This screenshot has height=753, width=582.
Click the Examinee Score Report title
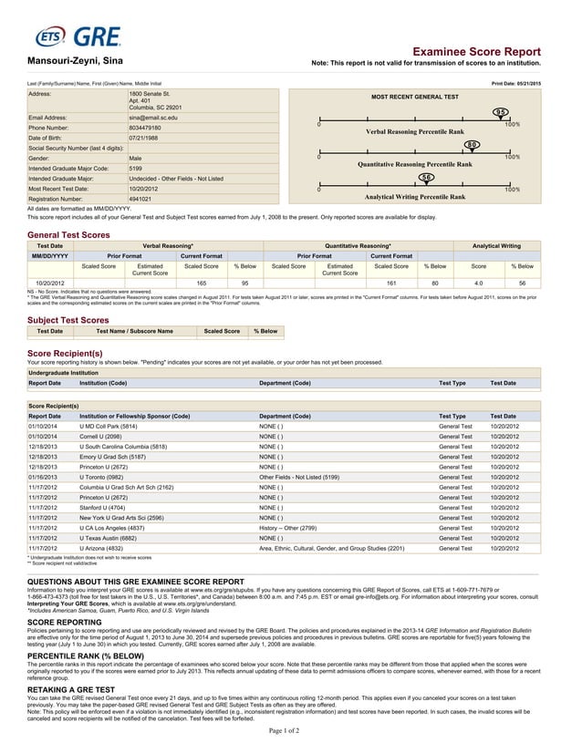point(476,53)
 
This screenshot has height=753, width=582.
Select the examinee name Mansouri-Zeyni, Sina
point(73,61)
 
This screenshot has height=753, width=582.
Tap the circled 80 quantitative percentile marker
point(471,145)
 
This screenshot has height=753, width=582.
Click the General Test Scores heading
point(69,235)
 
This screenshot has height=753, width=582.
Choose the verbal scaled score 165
point(202,284)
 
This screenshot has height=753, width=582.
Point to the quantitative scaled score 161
point(391,284)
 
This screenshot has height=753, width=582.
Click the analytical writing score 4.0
point(478,284)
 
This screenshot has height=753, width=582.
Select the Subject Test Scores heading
point(68,320)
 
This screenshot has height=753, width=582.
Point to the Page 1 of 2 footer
point(291,730)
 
